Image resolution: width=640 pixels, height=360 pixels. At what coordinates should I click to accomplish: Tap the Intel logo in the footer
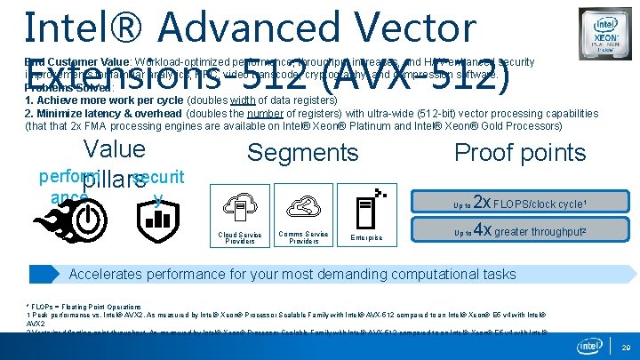tap(589, 345)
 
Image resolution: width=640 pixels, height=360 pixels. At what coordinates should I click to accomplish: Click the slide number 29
tap(625, 349)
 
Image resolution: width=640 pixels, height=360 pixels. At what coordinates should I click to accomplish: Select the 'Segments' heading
tap(302, 153)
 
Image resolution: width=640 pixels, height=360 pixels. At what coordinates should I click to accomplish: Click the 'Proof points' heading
tap(519, 153)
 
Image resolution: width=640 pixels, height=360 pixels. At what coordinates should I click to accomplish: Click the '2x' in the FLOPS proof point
tap(480, 202)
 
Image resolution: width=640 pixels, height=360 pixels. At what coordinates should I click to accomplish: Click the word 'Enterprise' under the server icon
tap(366, 238)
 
